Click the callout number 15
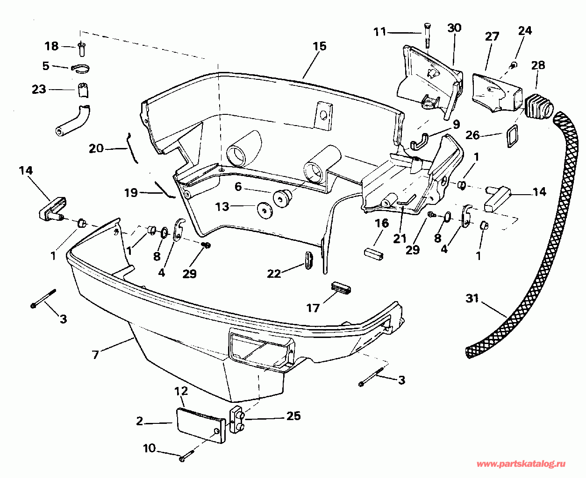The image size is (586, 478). tap(320, 46)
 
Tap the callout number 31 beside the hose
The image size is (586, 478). tap(472, 298)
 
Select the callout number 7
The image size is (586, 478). tap(95, 355)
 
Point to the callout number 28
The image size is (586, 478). tap(538, 65)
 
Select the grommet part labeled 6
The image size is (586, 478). tap(282, 198)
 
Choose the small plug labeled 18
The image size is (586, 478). tap(81, 47)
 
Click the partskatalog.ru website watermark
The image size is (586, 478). tap(521, 464)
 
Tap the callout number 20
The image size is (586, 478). tap(96, 148)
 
